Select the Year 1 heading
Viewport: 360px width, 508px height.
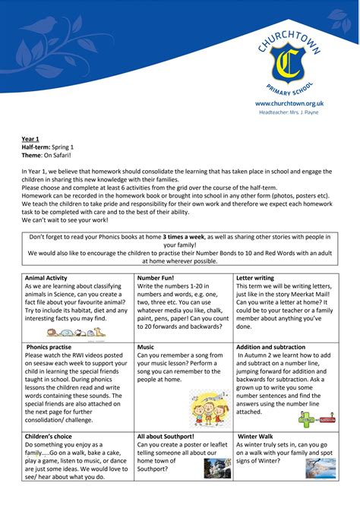tap(30, 140)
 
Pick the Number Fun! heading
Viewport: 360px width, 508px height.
tap(157, 278)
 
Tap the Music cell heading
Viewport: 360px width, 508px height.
tap(146, 346)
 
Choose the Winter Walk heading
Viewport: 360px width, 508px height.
tap(260, 437)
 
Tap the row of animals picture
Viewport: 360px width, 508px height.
tap(76, 332)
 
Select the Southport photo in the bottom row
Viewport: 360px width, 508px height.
tap(217, 468)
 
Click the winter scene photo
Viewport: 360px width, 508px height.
tap(321, 468)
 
